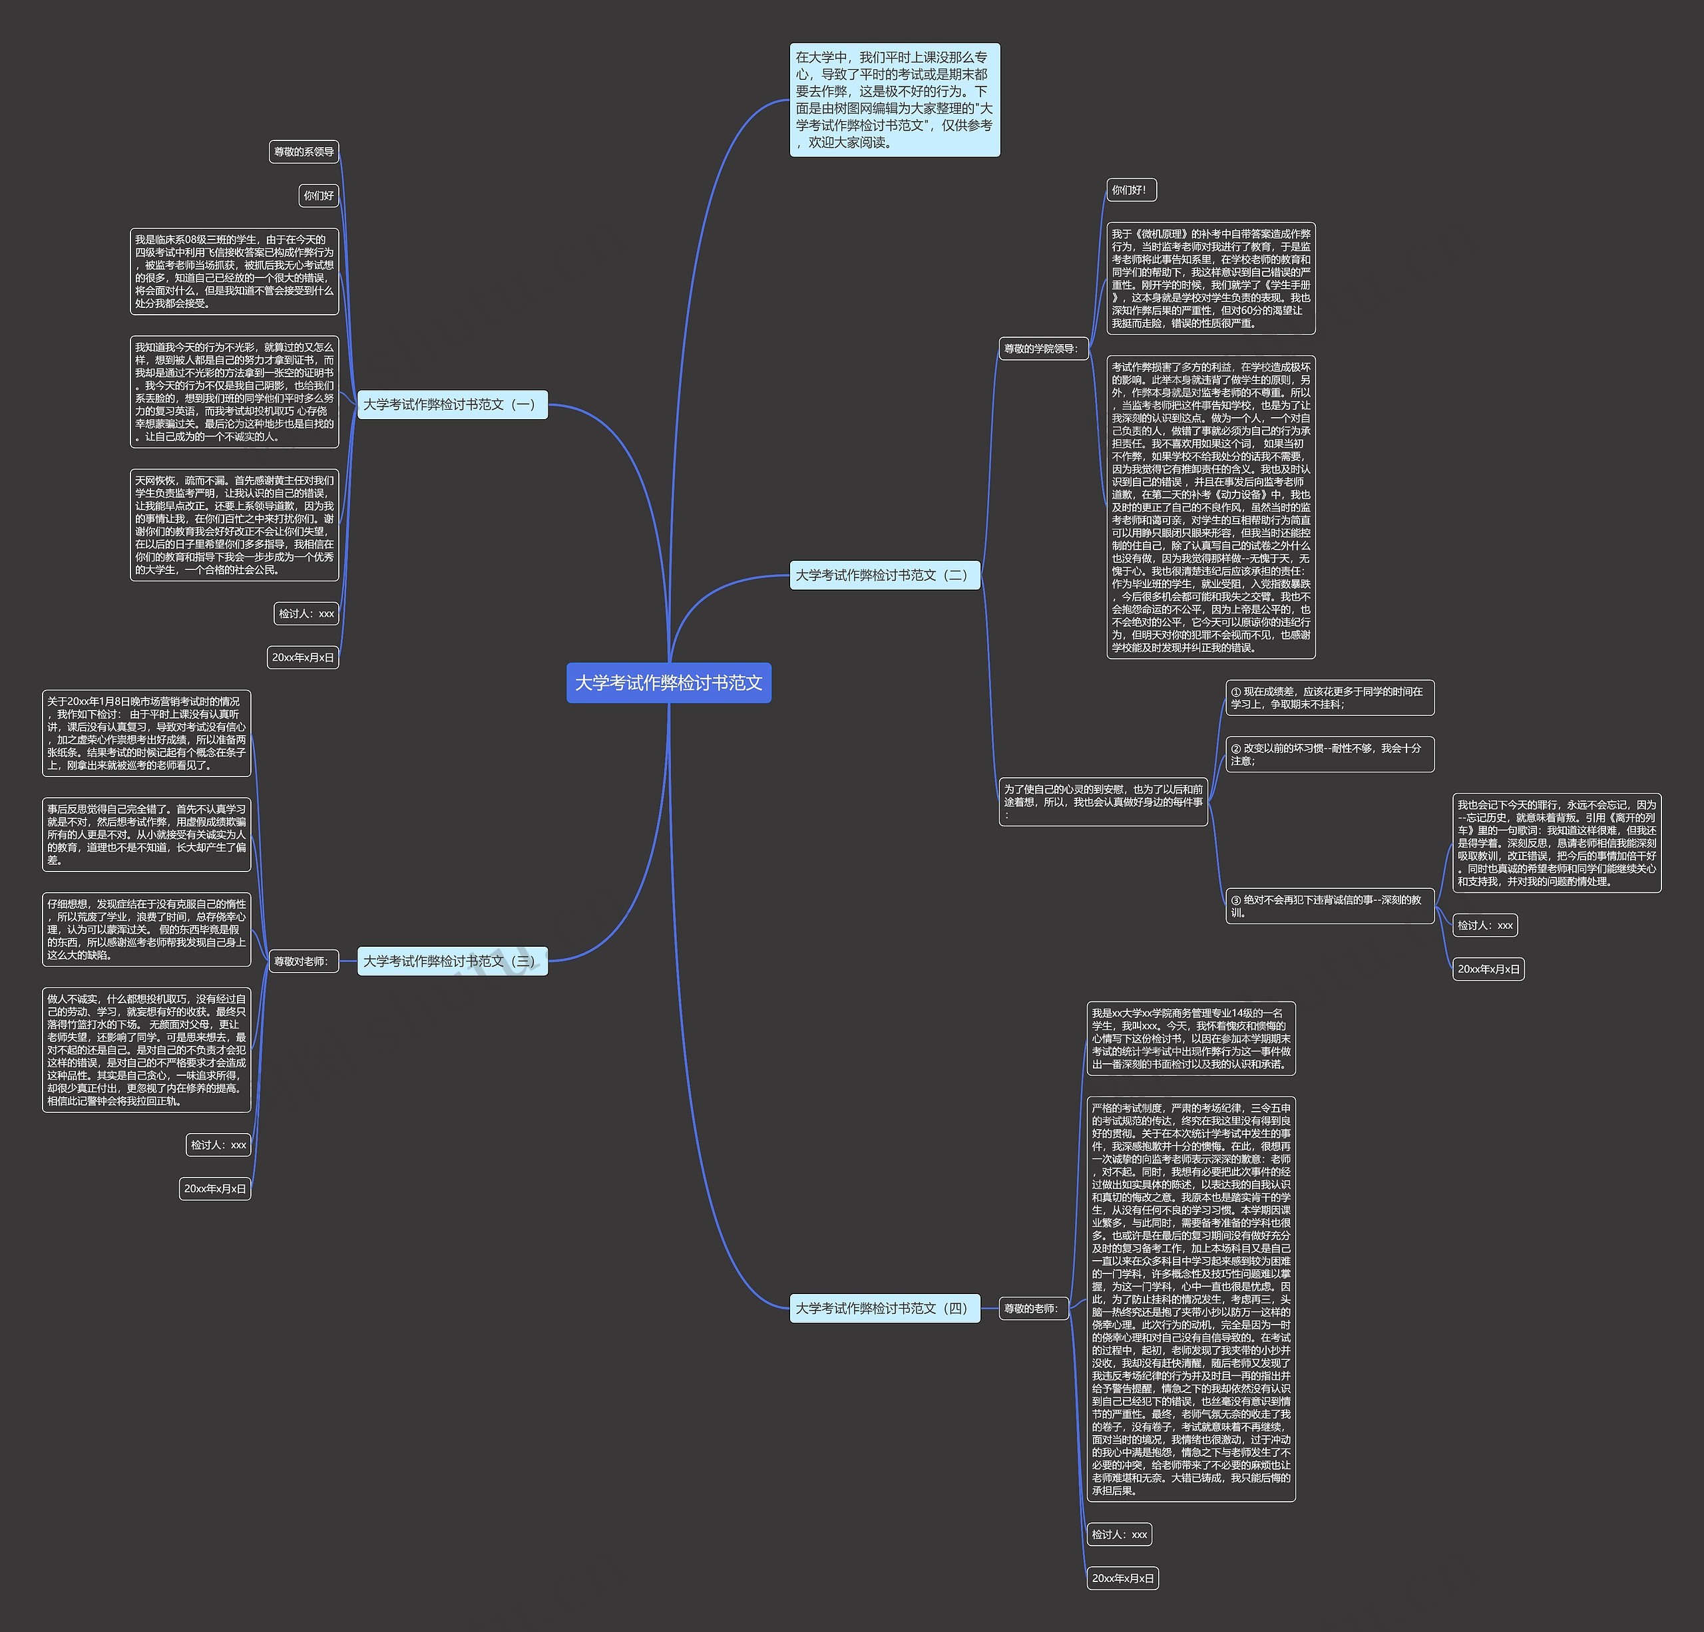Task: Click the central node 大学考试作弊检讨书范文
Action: [x=668, y=683]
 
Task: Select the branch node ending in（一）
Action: [x=452, y=404]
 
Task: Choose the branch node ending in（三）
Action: [x=452, y=961]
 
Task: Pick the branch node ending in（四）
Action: [x=884, y=1308]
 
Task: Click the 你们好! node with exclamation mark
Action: [x=1131, y=190]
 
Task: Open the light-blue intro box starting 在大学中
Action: [x=895, y=100]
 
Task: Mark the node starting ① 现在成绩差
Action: [x=1329, y=698]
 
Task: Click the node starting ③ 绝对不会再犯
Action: [x=1329, y=906]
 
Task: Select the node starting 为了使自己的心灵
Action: [x=1102, y=801]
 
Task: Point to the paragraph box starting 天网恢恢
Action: [x=234, y=525]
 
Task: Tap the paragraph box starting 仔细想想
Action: [x=146, y=929]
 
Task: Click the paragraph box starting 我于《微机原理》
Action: [x=1210, y=278]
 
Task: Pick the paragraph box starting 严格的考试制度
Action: [x=1190, y=1299]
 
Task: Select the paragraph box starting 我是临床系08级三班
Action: [x=234, y=271]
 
